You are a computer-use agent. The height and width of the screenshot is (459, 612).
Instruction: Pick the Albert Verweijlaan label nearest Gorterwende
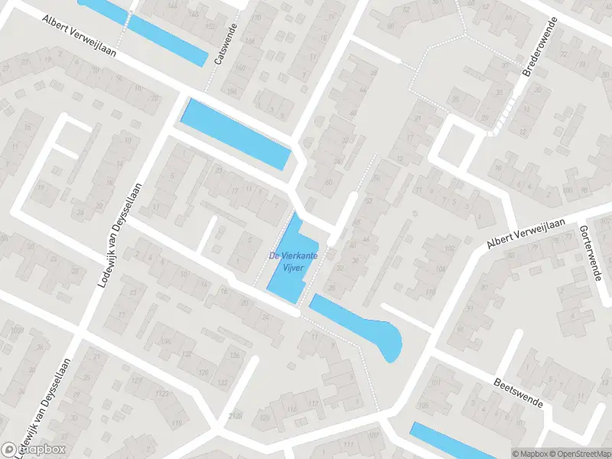click(x=526, y=233)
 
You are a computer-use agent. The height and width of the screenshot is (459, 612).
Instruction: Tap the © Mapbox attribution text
click(x=530, y=453)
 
